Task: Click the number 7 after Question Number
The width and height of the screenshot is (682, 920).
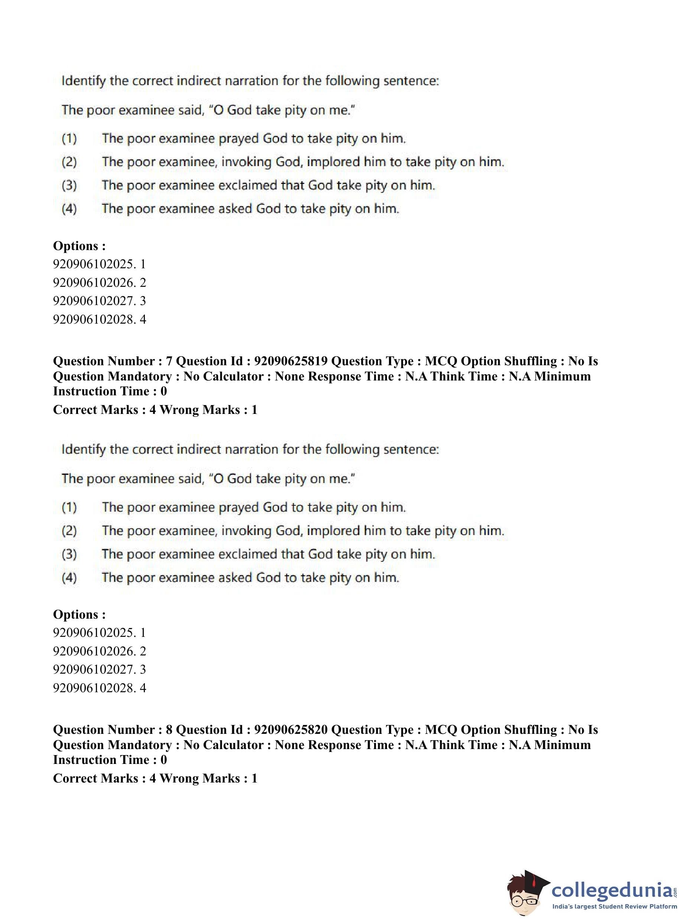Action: tap(169, 361)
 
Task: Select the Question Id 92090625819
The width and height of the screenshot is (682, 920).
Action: tap(290, 361)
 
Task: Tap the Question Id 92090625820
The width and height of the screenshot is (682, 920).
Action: tap(290, 730)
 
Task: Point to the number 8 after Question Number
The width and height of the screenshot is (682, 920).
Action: tap(169, 730)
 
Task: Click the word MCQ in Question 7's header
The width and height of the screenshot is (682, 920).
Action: tap(441, 361)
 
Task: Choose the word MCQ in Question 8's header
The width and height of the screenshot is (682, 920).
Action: tap(441, 730)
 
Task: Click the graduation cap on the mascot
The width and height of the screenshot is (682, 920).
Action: tap(536, 880)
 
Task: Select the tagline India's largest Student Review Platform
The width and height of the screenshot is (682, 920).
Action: tap(614, 907)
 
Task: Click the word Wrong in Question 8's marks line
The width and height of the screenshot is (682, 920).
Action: tap(179, 778)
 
